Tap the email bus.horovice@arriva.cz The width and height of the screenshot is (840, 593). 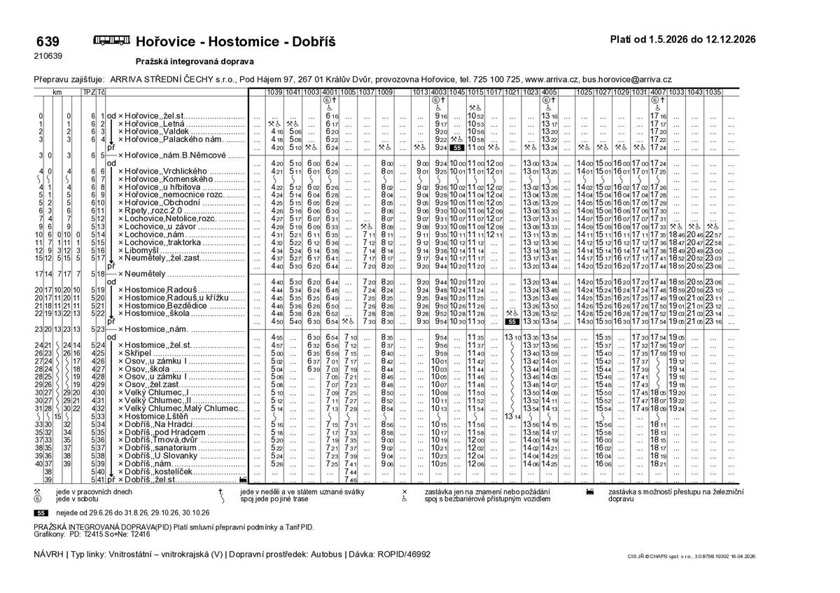pos(632,81)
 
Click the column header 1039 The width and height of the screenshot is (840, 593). pos(274,92)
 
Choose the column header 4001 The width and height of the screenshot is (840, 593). pos(330,92)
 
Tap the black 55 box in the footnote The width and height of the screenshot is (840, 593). pos(41,512)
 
